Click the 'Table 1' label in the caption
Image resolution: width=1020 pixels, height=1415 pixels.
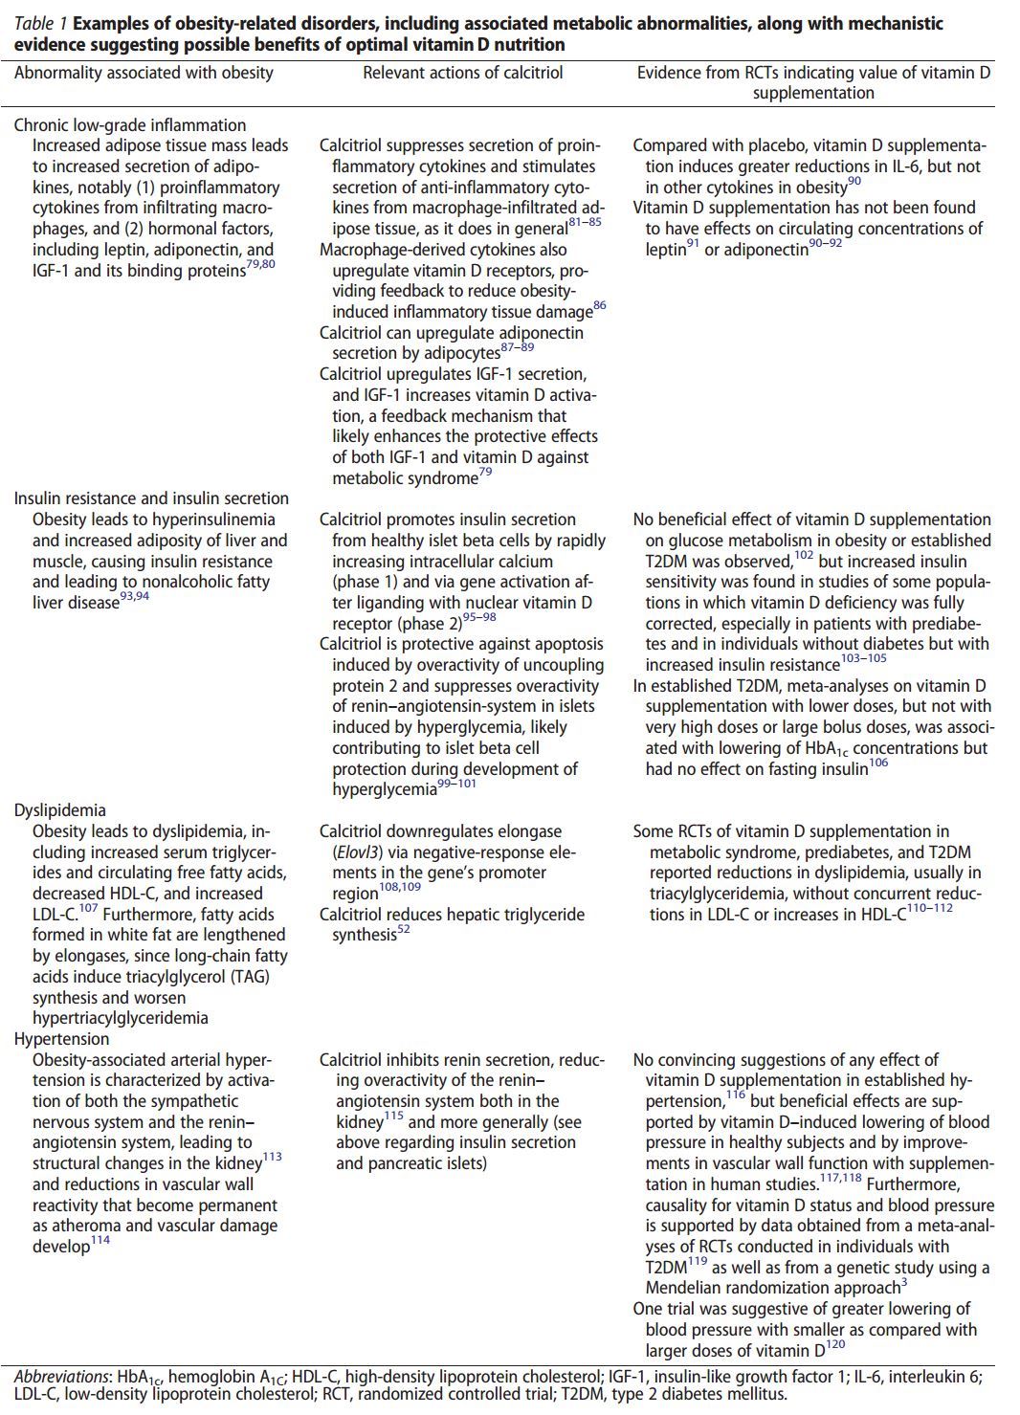39,24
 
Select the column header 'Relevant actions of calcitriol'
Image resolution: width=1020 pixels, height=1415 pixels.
462,73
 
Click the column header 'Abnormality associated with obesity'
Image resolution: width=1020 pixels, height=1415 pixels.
144,73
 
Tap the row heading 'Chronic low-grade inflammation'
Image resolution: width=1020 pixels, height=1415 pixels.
130,125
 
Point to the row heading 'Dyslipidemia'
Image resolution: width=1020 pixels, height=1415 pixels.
60,810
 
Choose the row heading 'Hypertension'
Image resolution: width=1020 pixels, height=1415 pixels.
61,1039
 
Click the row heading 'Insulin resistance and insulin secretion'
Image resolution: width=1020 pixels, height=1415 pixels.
151,498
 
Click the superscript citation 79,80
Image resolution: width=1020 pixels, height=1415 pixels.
260,265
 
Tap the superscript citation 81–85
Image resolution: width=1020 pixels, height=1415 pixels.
585,223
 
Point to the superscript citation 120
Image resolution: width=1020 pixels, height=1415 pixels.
835,1344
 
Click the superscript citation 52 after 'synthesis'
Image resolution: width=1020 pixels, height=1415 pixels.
404,929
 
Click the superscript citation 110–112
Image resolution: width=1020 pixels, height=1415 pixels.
930,908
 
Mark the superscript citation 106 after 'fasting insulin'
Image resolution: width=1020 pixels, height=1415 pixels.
878,763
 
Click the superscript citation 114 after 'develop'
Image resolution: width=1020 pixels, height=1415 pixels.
100,1241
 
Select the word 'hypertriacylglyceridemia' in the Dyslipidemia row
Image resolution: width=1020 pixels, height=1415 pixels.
121,1018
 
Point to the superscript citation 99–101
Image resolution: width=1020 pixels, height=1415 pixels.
457,784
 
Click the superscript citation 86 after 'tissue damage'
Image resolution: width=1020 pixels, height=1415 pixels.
600,306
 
